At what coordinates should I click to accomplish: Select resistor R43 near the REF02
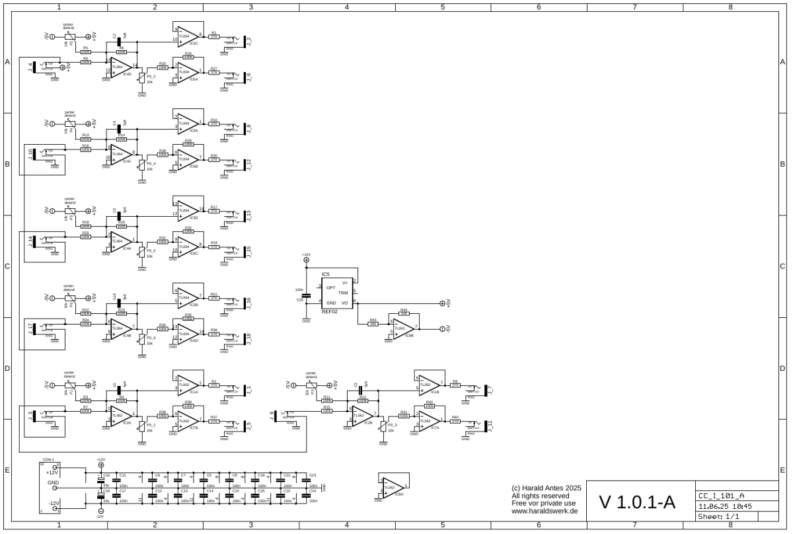click(373, 324)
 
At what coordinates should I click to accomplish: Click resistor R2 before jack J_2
click(213, 38)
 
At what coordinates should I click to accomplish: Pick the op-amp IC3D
click(188, 210)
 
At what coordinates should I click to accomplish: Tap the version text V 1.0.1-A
click(637, 502)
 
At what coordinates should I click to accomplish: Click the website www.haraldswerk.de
click(545, 511)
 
